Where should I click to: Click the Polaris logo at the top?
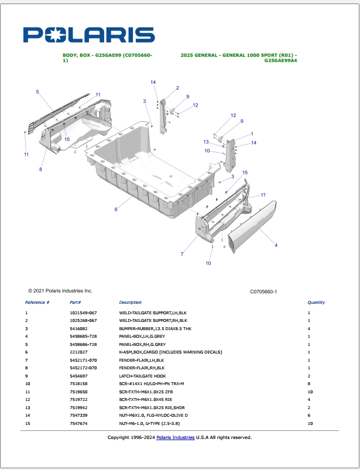pos(89,35)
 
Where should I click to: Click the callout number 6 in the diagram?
pos(116,210)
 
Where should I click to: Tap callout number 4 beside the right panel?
pos(276,245)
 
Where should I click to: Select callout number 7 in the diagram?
pos(182,254)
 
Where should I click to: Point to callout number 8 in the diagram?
pos(40,170)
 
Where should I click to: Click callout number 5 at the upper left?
pos(37,92)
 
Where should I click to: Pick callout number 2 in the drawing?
pos(177,88)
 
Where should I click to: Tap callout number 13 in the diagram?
pos(206,142)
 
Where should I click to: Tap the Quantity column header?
pos(316,303)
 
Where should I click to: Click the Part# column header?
pos(75,303)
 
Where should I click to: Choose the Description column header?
pos(130,303)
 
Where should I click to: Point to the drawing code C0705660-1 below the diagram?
pos(263,291)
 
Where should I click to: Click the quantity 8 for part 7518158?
pos(308,383)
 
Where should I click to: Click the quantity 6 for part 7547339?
pos(308,415)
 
